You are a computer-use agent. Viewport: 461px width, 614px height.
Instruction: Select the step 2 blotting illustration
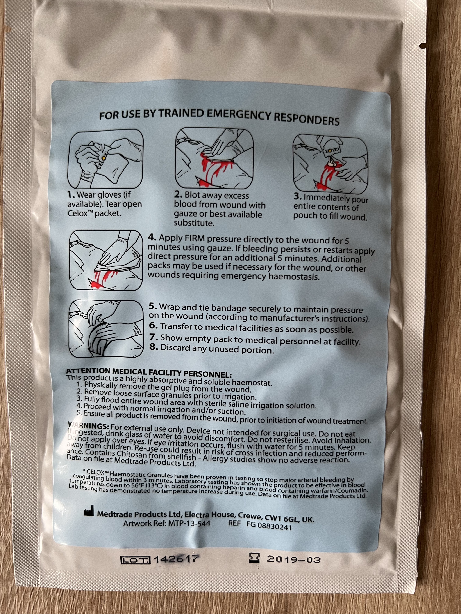click(214, 158)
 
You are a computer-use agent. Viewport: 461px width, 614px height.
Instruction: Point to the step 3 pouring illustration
click(330, 162)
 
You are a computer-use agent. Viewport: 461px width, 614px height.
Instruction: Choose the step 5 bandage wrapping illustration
click(106, 329)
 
